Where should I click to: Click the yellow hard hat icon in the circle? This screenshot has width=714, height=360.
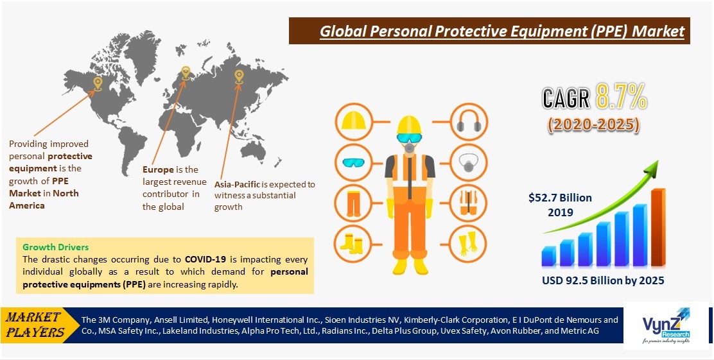(354, 120)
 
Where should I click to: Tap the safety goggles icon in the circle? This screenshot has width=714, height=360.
(354, 161)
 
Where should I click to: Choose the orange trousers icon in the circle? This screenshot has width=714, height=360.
(354, 202)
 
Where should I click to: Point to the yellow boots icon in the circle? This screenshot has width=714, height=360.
(354, 244)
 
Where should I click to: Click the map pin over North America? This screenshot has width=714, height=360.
(97, 83)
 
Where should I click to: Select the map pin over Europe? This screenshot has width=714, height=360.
(186, 73)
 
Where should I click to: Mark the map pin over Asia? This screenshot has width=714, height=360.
(239, 76)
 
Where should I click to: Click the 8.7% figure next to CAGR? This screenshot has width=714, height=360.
(620, 97)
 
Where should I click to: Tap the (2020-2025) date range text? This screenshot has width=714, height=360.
(593, 124)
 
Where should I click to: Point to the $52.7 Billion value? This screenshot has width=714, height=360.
(560, 198)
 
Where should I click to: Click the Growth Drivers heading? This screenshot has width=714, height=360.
(55, 247)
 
